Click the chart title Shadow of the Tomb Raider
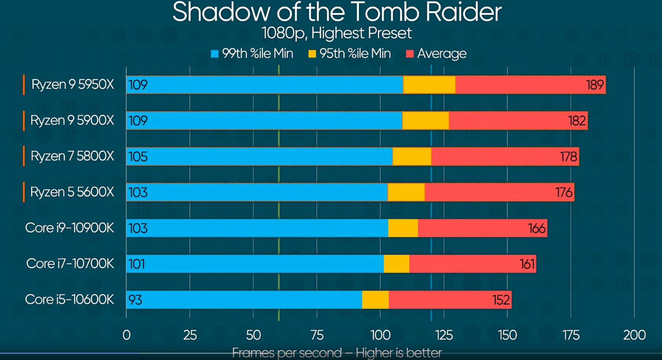tap(337, 12)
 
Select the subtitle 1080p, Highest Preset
tap(337, 33)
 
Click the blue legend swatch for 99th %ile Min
tap(215, 54)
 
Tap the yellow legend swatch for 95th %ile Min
tap(312, 54)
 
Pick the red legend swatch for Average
tap(410, 54)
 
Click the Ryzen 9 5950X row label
tap(72, 84)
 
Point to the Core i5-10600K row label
tap(69, 299)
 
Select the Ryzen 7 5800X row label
tap(72, 156)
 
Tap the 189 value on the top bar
tap(595, 85)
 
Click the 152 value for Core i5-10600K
tap(501, 300)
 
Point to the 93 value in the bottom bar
tap(135, 300)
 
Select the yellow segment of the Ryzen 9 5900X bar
tap(425, 121)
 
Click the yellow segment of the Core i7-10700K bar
tap(396, 264)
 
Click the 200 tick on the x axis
tap(634, 335)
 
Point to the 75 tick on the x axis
tap(317, 335)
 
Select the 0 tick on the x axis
tap(127, 335)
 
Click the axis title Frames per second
tap(337, 353)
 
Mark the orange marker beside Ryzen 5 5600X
tap(24, 192)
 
